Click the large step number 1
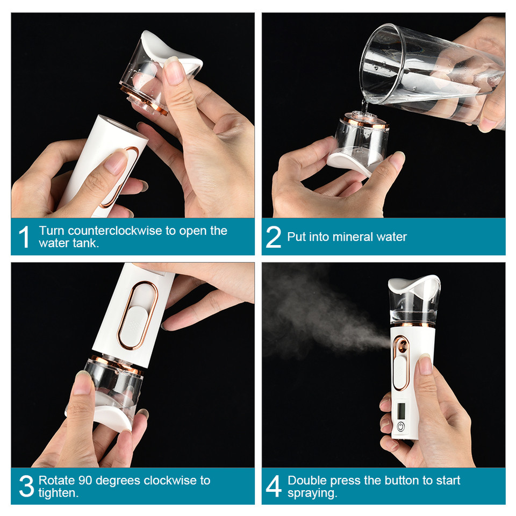(x=24, y=237)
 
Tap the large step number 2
(x=274, y=237)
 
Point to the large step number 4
(x=274, y=486)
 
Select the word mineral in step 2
(x=353, y=237)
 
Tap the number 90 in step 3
(x=85, y=480)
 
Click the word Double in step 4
(x=306, y=480)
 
